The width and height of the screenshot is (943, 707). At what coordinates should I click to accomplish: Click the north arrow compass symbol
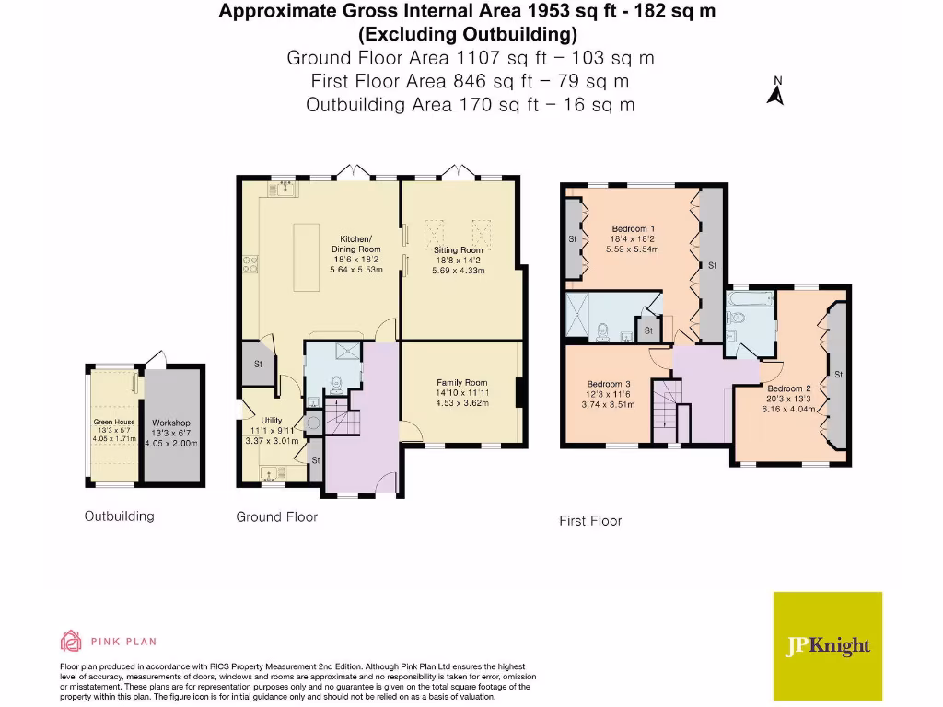pos(775,92)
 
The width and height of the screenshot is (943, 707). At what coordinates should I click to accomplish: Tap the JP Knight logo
pos(827,646)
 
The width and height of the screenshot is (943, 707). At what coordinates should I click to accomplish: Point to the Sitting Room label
pos(458,249)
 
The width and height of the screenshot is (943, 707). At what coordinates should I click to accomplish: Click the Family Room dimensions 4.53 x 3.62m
pos(461,401)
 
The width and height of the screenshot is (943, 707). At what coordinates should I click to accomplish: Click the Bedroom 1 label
pos(633,228)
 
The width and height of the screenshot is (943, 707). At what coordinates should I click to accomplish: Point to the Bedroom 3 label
pos(609,384)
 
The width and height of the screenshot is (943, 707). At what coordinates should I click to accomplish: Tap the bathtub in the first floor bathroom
pos(750,300)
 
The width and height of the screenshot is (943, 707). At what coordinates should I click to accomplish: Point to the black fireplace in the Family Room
pos(521,392)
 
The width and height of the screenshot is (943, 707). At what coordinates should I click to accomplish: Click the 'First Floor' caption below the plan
pos(590,521)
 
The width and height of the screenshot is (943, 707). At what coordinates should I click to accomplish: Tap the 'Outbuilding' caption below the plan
pos(120,516)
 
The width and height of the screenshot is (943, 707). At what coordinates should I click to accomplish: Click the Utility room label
pos(272,421)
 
